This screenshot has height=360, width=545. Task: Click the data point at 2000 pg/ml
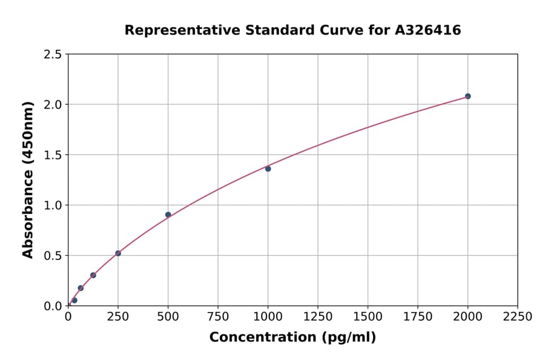[x=467, y=96]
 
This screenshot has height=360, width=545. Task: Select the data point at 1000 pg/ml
[x=268, y=168]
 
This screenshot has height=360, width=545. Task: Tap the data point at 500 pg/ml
[x=168, y=215]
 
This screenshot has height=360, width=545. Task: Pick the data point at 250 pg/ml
[x=118, y=253]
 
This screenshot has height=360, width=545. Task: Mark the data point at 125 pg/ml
[x=93, y=275]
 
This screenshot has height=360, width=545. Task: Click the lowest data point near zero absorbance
[x=74, y=300]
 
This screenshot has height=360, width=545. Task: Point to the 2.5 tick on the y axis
[x=53, y=55]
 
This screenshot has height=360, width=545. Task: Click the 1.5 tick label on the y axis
[x=53, y=155]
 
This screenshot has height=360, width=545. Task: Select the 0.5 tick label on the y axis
[x=53, y=256]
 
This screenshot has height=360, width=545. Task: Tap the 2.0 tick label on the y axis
[x=53, y=105]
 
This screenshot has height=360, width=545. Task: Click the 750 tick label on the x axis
[x=218, y=317]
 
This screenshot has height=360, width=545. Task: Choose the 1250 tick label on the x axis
[x=318, y=317]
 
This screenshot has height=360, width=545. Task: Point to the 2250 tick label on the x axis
[x=518, y=317]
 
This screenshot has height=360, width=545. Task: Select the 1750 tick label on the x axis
[x=418, y=317]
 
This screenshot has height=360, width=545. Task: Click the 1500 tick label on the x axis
[x=368, y=317]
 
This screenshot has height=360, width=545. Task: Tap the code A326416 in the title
[x=429, y=30]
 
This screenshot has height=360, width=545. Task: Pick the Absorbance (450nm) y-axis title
[x=28, y=180]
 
